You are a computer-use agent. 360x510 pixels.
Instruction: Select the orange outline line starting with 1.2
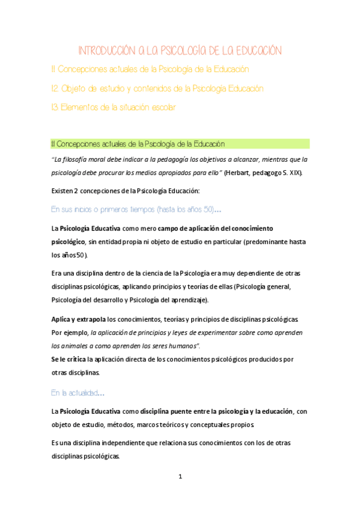[157, 88]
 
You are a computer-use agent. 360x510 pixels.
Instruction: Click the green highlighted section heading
[138, 144]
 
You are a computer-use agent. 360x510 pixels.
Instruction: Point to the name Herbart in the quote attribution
[240, 173]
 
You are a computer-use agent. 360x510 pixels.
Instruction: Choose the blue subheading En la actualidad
[78, 393]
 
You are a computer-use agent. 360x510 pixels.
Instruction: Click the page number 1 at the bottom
[180, 477]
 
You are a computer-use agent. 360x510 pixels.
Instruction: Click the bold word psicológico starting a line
[68, 241]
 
